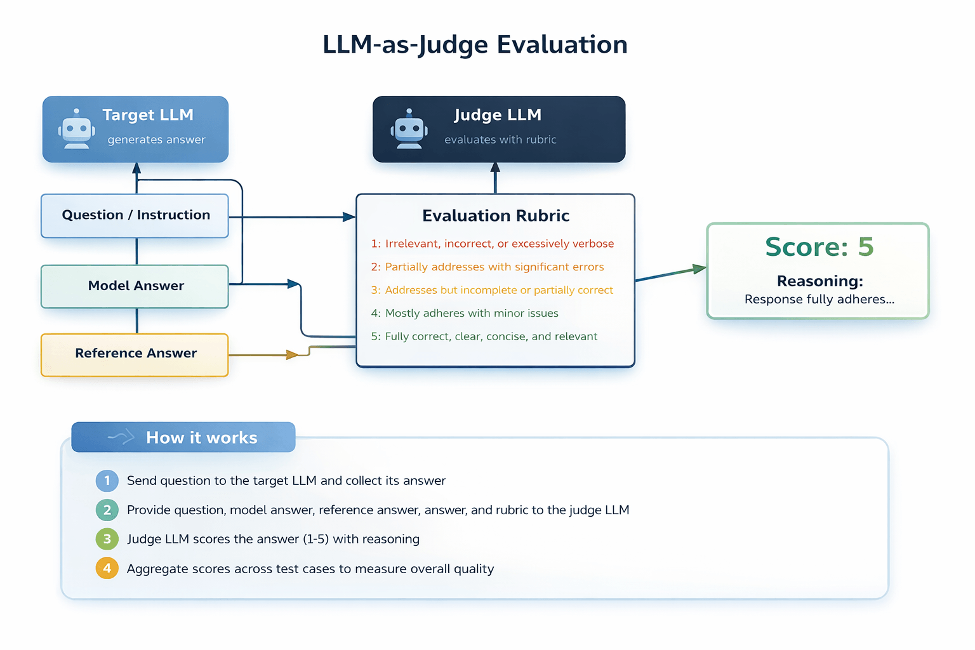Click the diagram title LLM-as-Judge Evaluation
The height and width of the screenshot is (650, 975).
point(475,45)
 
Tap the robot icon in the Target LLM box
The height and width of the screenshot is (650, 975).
point(77,129)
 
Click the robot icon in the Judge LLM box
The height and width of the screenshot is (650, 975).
point(409,129)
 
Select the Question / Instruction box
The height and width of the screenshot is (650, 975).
point(135,215)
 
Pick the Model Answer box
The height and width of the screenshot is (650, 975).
point(135,286)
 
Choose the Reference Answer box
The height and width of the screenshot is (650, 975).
point(135,354)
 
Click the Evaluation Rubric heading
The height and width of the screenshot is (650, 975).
point(495,216)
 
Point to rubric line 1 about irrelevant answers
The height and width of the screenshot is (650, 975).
point(492,244)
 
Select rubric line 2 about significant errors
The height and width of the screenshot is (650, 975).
point(487,267)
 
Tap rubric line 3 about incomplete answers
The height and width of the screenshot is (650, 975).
point(492,290)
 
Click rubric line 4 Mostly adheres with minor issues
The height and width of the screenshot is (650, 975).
point(465,314)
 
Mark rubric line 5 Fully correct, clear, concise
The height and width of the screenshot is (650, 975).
point(484,336)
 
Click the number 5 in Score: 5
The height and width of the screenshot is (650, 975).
point(865,247)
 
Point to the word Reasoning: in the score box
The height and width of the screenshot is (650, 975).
point(819,281)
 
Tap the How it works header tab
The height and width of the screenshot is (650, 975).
point(183,437)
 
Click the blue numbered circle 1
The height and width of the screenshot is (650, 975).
point(107,481)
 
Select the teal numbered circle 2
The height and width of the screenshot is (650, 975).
point(107,510)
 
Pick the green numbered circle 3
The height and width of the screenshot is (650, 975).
point(107,539)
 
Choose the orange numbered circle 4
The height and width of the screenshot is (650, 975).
point(107,568)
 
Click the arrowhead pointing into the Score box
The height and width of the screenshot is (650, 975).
point(700,269)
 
